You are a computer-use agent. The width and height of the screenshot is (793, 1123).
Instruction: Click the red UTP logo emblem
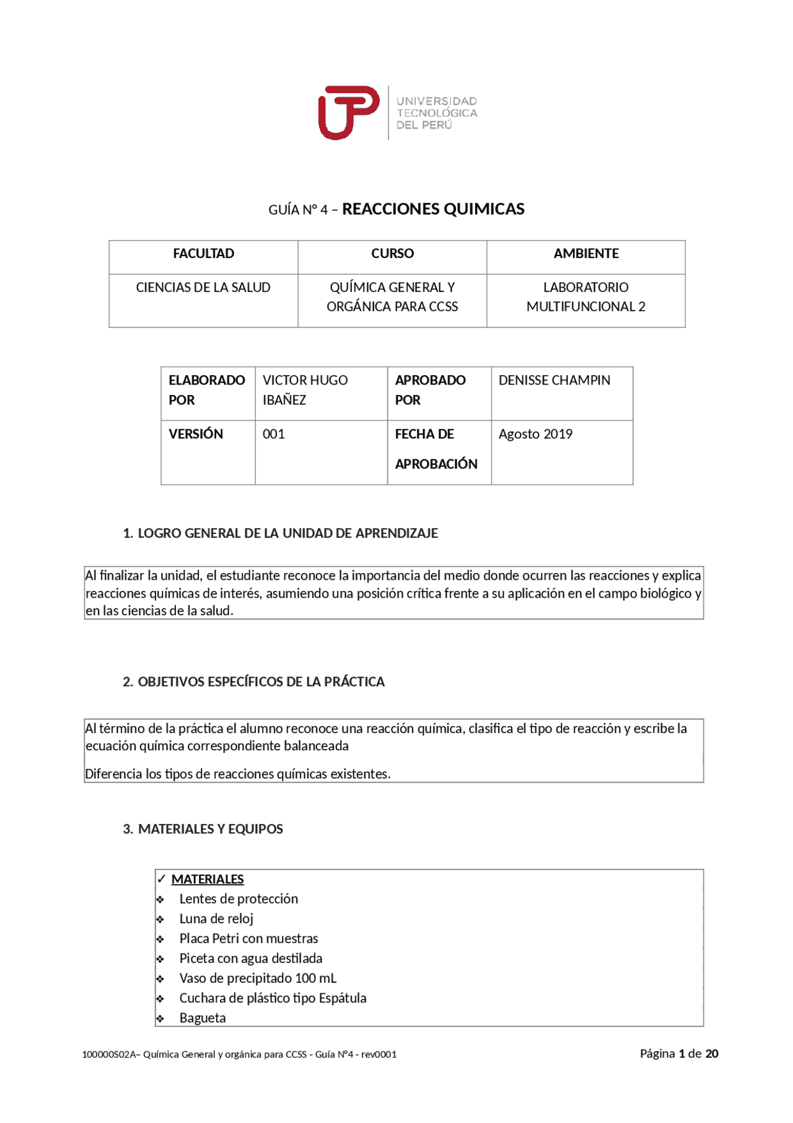(348, 112)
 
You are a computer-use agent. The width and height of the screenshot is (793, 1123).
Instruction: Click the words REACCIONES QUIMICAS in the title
(433, 209)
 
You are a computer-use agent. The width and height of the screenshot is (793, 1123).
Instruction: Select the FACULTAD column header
(203, 254)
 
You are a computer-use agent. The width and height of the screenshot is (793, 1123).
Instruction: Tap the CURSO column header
(392, 254)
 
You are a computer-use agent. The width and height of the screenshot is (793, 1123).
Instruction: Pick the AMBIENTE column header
(585, 254)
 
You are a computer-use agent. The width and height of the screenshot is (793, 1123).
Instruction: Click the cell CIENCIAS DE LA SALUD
(203, 288)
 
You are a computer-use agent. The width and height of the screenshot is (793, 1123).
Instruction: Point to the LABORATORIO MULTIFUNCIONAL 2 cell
(585, 297)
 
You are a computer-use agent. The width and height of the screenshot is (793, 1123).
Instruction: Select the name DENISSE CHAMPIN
(554, 380)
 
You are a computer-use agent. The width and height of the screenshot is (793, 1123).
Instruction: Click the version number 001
(273, 434)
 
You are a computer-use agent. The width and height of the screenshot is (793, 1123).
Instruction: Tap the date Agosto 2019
(535, 434)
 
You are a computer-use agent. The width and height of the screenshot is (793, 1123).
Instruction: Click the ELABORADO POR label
(206, 390)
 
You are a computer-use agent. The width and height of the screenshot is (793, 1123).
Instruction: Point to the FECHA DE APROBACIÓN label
(436, 449)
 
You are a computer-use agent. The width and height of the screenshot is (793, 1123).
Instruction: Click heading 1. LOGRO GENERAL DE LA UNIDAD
(280, 533)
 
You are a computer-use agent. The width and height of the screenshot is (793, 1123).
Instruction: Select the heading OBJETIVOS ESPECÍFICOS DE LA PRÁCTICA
(260, 681)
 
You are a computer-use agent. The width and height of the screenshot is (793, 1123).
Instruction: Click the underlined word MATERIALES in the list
(208, 879)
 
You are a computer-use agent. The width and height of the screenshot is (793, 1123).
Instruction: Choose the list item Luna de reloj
(216, 919)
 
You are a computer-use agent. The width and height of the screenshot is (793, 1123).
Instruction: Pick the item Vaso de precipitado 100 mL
(258, 979)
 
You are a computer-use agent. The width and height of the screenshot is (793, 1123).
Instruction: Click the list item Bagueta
(203, 1018)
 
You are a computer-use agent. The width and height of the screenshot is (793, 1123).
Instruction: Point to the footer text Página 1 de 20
(678, 1054)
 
